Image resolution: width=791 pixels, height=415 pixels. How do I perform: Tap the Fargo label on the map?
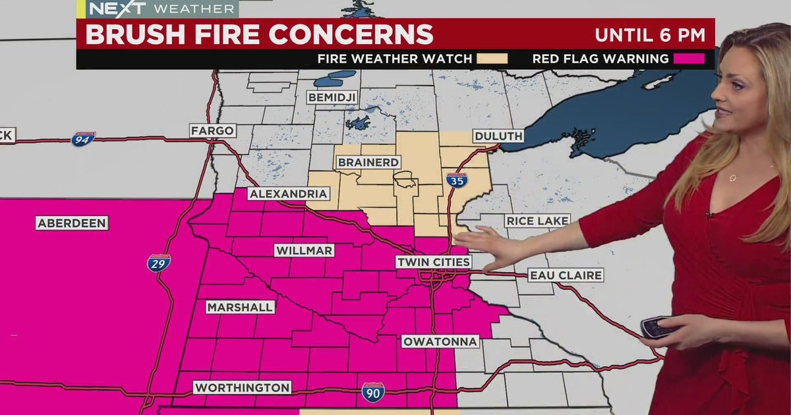click(213, 130)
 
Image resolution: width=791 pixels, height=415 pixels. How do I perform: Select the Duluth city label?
click(498, 136)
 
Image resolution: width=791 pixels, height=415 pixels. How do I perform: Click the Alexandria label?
click(289, 194)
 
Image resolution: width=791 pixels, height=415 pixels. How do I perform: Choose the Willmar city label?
click(304, 250)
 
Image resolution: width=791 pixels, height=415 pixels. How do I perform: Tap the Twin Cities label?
click(434, 262)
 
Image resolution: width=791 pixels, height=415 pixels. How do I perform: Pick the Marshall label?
click(240, 307)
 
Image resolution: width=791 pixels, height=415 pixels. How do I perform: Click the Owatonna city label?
click(440, 341)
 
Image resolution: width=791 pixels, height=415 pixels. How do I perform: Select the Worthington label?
click(242, 387)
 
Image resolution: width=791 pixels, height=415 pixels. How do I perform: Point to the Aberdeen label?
click(72, 223)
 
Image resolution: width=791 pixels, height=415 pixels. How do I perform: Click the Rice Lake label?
click(537, 221)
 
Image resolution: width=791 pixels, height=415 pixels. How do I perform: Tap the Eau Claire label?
click(566, 275)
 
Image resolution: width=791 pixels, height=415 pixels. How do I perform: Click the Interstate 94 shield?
click(83, 139)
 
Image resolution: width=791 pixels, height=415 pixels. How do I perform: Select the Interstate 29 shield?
click(159, 263)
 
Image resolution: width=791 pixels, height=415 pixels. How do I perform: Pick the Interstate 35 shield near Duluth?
click(455, 180)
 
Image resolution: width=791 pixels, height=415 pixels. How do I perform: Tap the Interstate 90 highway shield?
click(373, 393)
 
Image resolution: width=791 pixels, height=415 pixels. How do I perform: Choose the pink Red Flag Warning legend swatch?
click(689, 59)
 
